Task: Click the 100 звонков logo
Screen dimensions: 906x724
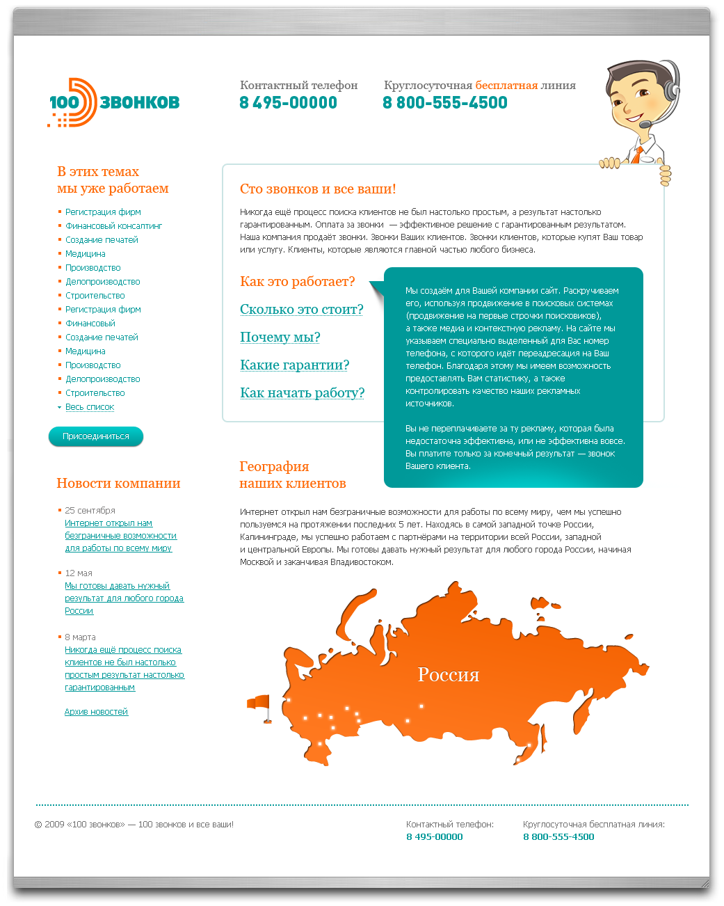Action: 114,102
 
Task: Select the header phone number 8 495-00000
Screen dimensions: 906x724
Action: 288,103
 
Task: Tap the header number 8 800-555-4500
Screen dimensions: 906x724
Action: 445,103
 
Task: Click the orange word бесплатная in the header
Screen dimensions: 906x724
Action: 506,86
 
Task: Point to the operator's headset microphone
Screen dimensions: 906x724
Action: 646,124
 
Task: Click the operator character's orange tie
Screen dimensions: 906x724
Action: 638,154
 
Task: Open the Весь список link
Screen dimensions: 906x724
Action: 90,407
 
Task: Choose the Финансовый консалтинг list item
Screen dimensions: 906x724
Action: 114,226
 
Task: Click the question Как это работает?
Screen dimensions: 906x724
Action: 297,282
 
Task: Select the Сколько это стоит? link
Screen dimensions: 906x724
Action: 301,310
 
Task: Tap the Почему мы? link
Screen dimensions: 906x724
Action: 280,337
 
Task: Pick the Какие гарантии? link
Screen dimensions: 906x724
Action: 294,365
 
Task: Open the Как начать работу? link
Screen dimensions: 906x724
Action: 302,393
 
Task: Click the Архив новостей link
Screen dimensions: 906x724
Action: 96,712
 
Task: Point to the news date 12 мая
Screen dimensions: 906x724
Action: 79,573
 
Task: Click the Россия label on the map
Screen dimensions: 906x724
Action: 449,675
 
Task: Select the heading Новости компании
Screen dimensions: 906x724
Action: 118,484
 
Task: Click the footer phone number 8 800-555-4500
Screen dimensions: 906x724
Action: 558,837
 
